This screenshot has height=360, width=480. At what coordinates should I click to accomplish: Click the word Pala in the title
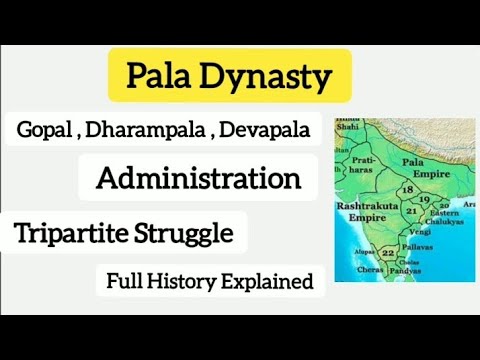tap(157, 76)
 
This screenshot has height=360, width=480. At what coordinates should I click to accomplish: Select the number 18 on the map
tap(406, 189)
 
